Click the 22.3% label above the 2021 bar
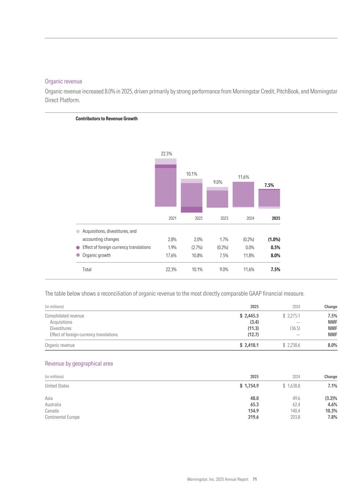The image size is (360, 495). coord(166,154)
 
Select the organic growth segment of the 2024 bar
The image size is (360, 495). coord(243,194)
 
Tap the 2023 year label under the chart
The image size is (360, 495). coord(224,218)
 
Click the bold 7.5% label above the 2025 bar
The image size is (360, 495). coord(269,185)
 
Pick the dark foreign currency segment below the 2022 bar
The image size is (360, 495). coord(191,210)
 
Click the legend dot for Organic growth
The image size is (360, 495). coord(78,255)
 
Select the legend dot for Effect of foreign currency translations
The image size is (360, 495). coord(78,247)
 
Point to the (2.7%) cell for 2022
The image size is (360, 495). coord(197,247)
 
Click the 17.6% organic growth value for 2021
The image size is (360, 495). coord(171,255)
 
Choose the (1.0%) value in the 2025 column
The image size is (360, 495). coord(274,239)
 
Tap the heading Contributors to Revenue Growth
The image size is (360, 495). coord(107,119)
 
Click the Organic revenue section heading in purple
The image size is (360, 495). coord(63,81)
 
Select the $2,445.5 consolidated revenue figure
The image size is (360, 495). coord(249,316)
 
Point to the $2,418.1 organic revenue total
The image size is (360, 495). coord(249,345)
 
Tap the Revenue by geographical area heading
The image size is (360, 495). coord(79,363)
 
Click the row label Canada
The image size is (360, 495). coord(52,411)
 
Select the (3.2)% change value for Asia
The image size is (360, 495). coord(331,398)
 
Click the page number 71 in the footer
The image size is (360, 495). coord(255,479)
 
